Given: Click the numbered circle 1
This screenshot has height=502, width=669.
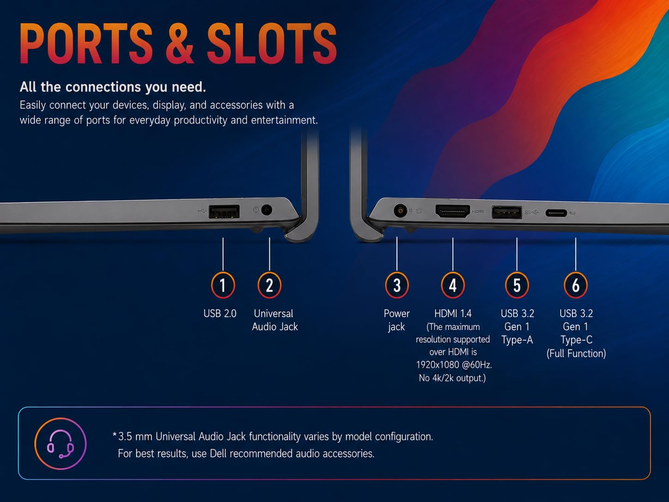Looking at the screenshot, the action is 223,285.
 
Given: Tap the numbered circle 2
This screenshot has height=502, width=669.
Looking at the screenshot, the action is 269,285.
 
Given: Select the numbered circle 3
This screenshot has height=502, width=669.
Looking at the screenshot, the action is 397,285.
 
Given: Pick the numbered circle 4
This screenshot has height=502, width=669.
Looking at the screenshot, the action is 453,285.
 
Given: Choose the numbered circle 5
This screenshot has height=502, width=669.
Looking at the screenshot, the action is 517,285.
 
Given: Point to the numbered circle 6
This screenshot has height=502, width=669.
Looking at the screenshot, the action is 576,285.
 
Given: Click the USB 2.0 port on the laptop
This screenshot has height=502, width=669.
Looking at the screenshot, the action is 224,212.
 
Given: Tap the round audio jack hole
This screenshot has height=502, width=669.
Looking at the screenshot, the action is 267,210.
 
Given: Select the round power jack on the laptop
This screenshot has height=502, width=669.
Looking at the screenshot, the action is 400,211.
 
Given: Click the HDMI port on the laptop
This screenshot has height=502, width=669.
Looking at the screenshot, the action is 453,211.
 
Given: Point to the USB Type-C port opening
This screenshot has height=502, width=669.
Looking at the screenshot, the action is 556,213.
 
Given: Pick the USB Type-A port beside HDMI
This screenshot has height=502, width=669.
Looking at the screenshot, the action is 506,213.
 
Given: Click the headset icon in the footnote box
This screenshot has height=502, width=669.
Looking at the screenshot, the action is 61,443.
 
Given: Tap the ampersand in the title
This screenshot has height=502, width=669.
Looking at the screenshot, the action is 180,43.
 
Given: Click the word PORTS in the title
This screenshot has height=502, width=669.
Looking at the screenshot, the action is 86,43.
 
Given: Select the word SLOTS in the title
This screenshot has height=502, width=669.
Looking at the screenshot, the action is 272,43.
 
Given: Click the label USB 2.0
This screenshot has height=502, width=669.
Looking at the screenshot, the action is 220,313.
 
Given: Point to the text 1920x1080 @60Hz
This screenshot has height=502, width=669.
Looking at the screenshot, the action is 454,365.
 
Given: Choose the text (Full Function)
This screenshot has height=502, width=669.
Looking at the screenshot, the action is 576,354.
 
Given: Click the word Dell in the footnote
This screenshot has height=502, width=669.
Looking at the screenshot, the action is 218,453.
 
